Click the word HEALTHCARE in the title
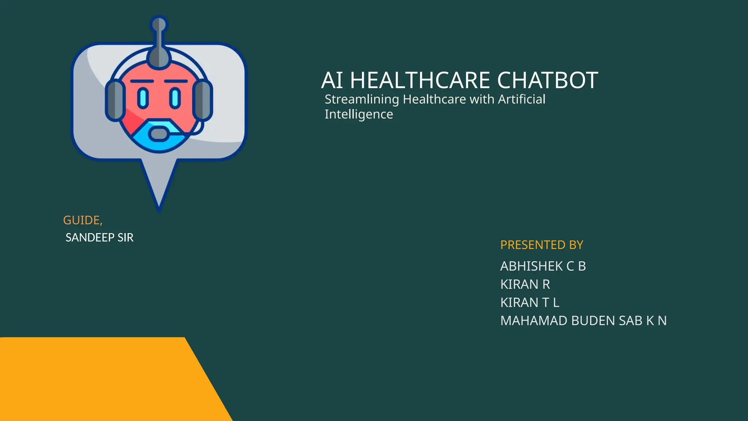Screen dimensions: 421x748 coord(420,80)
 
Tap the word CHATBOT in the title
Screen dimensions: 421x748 coord(547,80)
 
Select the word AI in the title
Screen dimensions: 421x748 coord(332,80)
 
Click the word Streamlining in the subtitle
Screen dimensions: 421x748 coord(362,99)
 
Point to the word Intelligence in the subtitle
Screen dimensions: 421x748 coord(359,114)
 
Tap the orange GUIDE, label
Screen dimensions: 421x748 coord(83,220)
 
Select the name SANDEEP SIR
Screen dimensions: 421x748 coord(99,238)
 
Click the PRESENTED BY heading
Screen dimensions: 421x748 coord(542,245)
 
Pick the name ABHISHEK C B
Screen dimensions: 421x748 coord(543,266)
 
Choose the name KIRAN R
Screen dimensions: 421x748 coord(525,284)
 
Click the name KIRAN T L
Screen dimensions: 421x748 coord(530,303)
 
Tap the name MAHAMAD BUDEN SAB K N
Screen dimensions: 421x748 coord(583,321)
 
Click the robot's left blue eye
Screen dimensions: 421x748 coord(143,98)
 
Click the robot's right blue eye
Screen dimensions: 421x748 coord(175,98)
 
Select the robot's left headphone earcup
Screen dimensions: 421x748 coord(115,100)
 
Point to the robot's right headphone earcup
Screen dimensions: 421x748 coord(203,100)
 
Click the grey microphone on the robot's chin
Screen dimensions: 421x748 coord(159,134)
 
